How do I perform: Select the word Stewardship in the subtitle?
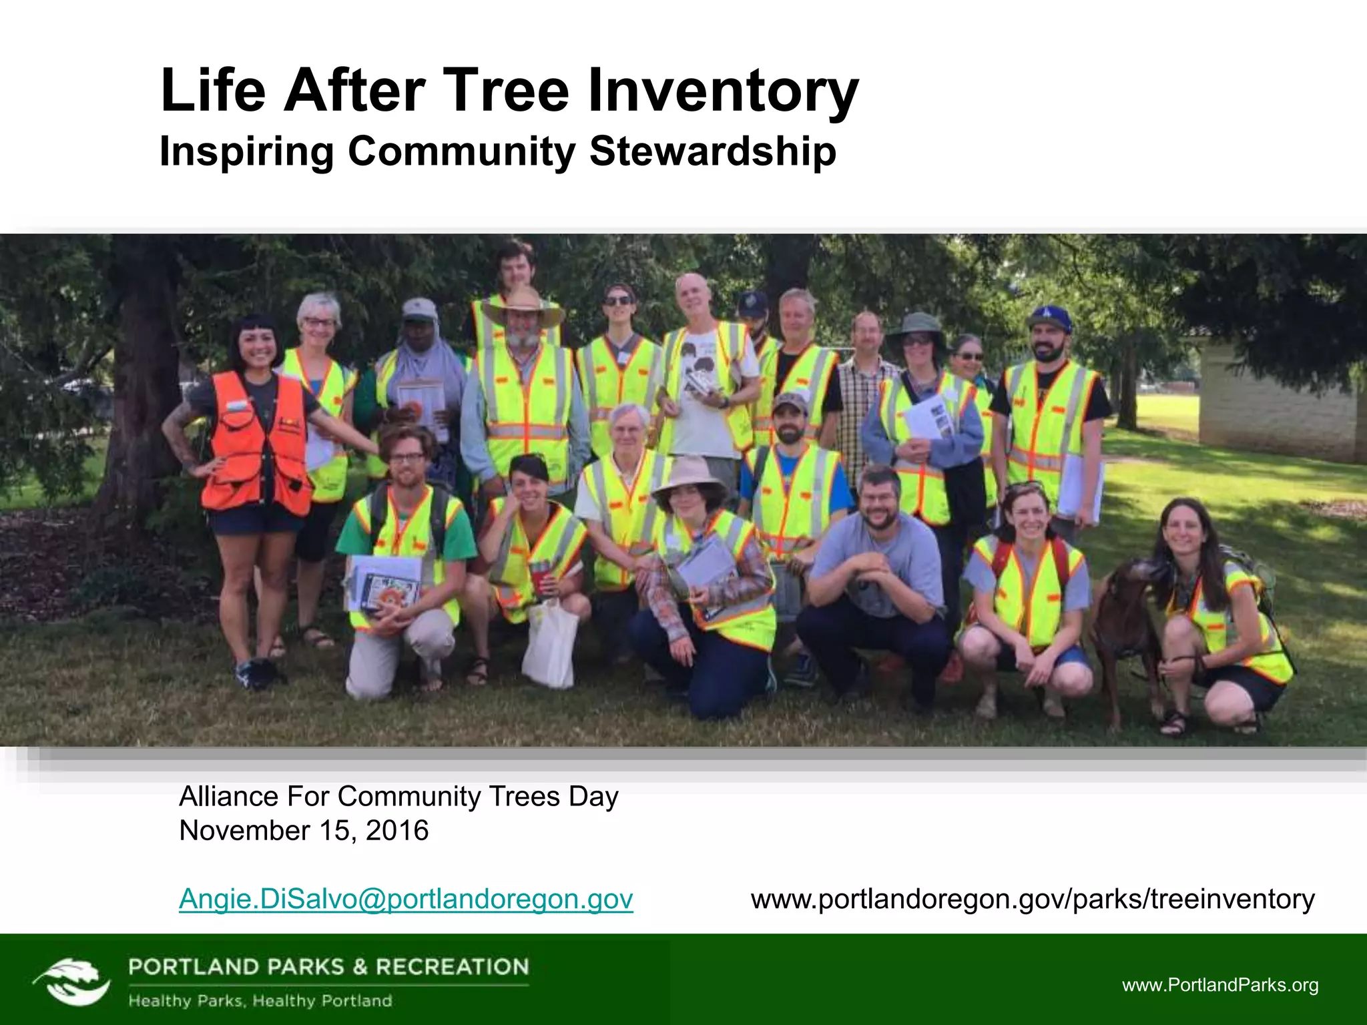712,151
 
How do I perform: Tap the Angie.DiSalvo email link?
406,899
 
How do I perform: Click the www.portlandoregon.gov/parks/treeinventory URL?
1033,899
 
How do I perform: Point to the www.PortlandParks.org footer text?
1220,985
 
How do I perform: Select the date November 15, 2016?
304,831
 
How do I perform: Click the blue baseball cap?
1049,319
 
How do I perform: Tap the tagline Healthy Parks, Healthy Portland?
260,1001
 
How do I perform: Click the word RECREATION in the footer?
453,967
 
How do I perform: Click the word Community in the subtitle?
461,151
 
